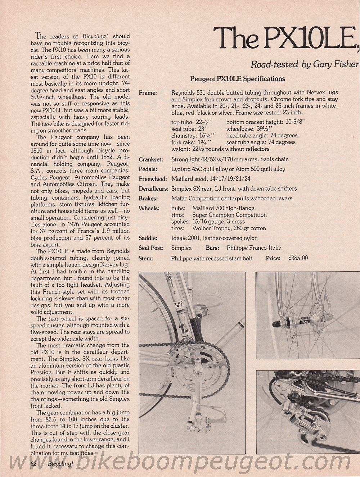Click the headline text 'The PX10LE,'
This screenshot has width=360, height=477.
(286, 38)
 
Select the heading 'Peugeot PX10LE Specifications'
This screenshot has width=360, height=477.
(237, 79)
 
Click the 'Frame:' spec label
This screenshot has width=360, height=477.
(148, 93)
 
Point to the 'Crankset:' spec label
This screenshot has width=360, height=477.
(151, 159)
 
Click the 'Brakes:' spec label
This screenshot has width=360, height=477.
(148, 198)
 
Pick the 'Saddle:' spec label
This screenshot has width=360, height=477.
(148, 238)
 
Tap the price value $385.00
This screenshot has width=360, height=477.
(298, 258)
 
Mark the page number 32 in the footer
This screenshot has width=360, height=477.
(34, 464)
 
